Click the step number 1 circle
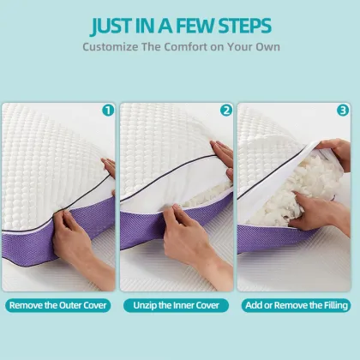click(x=108, y=110)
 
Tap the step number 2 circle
click(x=226, y=110)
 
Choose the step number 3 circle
click(x=344, y=110)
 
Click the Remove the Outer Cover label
click(x=59, y=305)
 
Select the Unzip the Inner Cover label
click(x=177, y=305)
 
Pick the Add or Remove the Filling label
click(x=297, y=305)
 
